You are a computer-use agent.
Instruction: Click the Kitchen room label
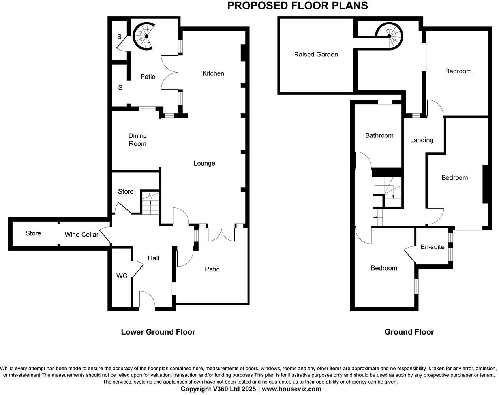tap(213, 73)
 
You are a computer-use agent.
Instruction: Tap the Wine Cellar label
tap(81, 235)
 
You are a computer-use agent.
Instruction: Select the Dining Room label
tap(137, 140)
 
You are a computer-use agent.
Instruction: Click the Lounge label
tap(204, 163)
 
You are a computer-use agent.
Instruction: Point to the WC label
tap(122, 276)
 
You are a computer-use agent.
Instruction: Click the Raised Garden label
tap(316, 55)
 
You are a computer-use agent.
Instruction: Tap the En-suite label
tap(432, 247)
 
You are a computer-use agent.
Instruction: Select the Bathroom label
tap(379, 135)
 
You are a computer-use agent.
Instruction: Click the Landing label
tap(421, 140)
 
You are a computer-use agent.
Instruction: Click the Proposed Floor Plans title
tap(298, 6)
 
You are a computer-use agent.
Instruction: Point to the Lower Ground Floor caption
tap(158, 332)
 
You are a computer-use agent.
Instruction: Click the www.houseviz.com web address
tap(291, 389)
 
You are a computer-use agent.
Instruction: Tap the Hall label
tap(153, 258)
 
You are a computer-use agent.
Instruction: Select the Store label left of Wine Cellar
tap(33, 233)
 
